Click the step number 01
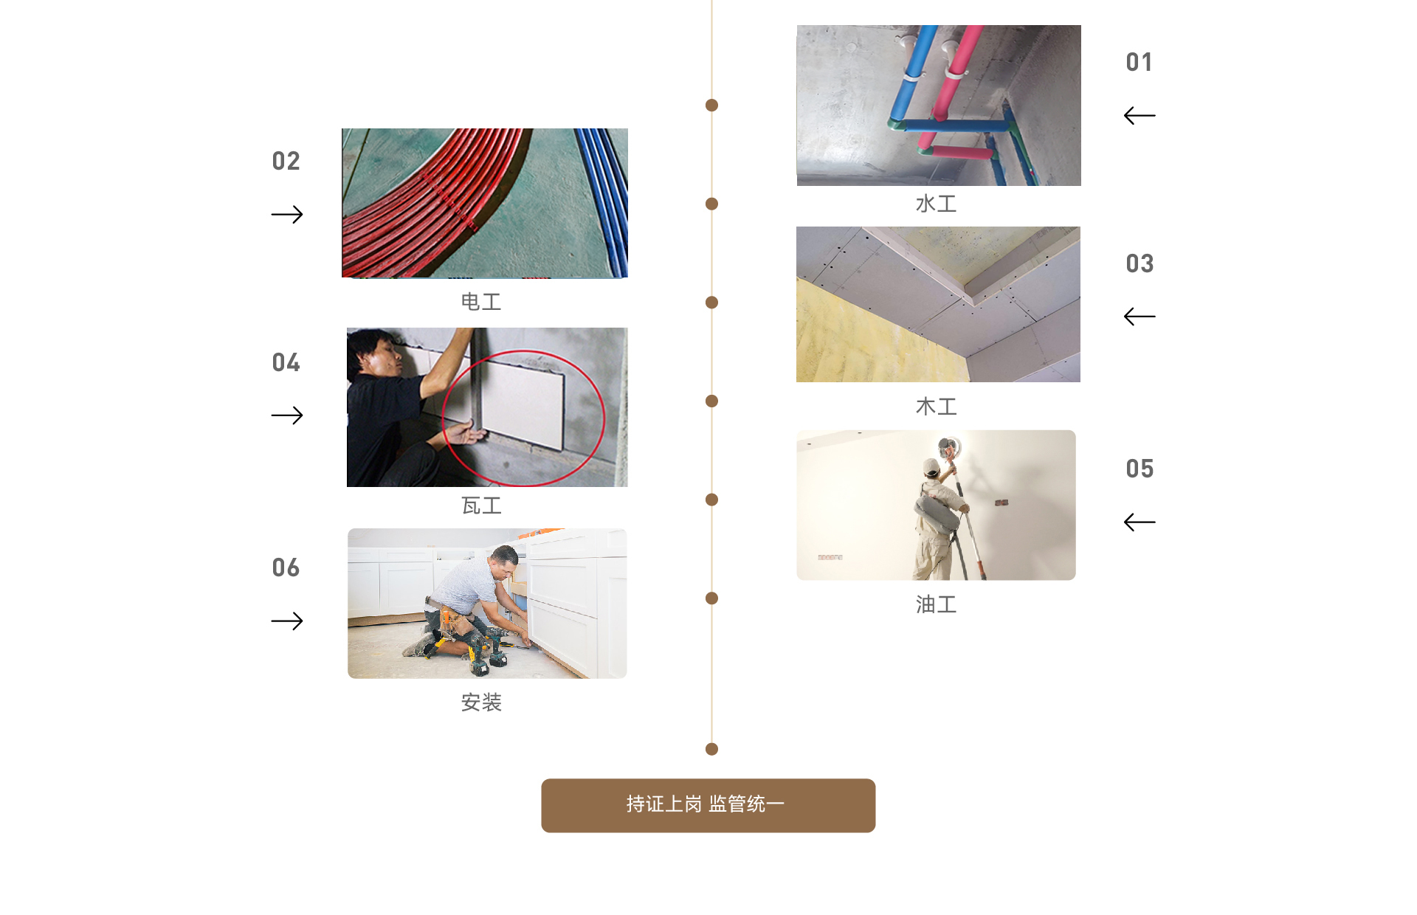[x=1139, y=62]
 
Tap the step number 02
[x=286, y=161]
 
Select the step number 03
[x=1140, y=263]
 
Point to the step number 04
[x=286, y=362]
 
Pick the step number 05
[x=1140, y=469]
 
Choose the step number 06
[x=286, y=567]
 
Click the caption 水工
[x=936, y=204]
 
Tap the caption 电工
[x=481, y=302]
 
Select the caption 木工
[x=936, y=407]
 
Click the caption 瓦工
[x=481, y=505]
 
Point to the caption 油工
[x=936, y=604]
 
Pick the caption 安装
[x=481, y=702]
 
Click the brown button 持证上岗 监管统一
[x=708, y=806]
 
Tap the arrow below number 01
[x=1140, y=116]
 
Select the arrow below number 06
[x=287, y=621]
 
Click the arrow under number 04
[x=287, y=416]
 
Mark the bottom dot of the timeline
[x=711, y=750]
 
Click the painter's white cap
[x=931, y=466]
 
